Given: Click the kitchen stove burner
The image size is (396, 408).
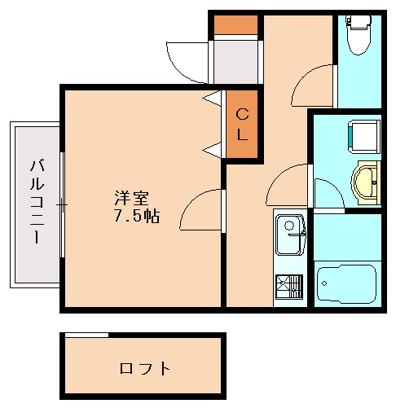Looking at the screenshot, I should [288, 287].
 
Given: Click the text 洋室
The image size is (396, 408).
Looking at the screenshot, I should [130, 198].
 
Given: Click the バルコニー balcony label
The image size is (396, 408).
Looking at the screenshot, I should [37, 204].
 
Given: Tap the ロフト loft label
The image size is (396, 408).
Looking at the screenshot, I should [145, 368].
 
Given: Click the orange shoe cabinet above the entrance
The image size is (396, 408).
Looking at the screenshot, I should [235, 24].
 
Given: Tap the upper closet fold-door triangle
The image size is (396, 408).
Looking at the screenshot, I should [213, 99].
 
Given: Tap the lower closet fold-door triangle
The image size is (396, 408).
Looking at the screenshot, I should [213, 149].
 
